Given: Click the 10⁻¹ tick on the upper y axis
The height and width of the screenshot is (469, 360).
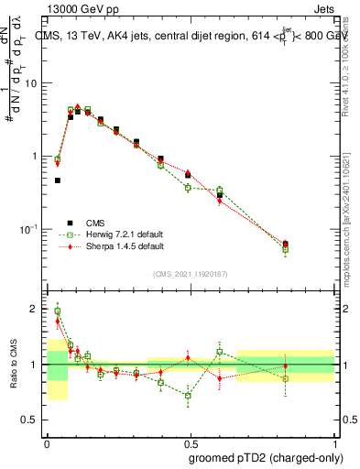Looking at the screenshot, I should coord(31,229).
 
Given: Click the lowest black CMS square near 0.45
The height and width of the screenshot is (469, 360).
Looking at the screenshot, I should coord(57,180).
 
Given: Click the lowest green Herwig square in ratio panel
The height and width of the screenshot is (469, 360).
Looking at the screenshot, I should coord(189,396).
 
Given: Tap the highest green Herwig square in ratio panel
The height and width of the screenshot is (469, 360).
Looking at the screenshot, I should coord(57,311).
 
